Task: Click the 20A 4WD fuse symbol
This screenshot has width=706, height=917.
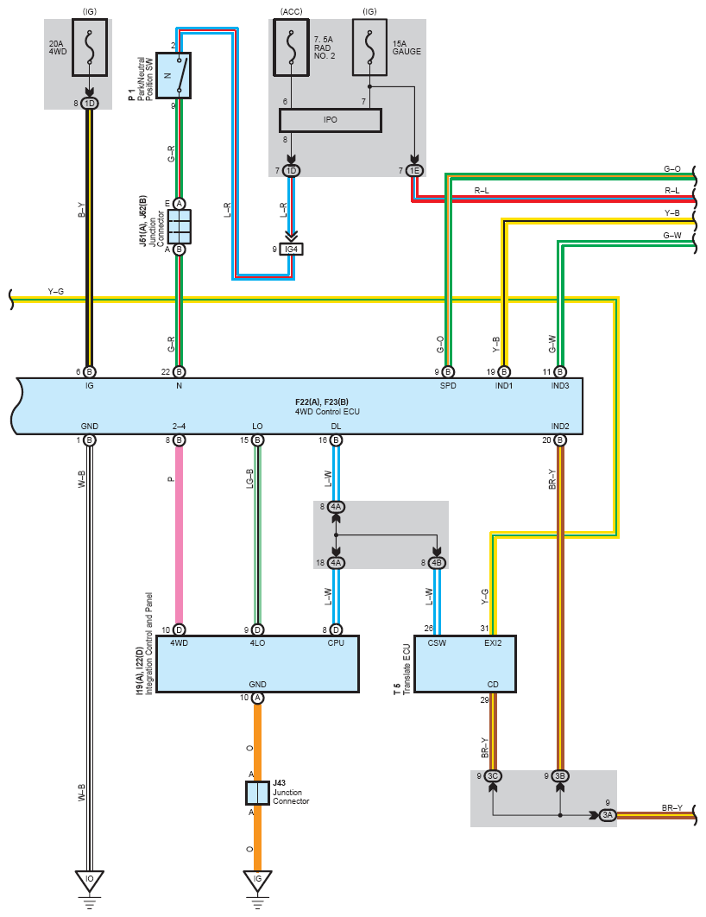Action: (90, 47)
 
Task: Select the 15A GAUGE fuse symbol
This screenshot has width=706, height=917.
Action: (369, 47)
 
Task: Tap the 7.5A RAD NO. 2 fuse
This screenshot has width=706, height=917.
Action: (291, 47)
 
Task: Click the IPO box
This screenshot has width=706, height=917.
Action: (331, 120)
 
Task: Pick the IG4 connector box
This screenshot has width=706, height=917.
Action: (291, 250)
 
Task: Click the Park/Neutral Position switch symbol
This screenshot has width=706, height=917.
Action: (173, 75)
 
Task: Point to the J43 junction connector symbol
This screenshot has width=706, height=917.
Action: (257, 793)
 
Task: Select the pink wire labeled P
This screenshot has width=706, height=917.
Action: (179, 535)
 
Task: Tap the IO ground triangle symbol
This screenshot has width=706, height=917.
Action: (90, 880)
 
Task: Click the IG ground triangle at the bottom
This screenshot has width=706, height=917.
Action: (257, 880)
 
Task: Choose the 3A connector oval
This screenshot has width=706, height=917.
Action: (608, 814)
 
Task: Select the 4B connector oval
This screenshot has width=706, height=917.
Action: (437, 563)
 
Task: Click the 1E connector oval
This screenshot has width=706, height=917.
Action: (414, 171)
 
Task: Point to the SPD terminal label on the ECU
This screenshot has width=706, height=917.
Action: (448, 386)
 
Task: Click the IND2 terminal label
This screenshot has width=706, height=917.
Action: (560, 427)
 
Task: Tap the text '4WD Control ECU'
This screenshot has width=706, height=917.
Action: (327, 412)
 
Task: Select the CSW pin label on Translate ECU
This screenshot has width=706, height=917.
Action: (437, 642)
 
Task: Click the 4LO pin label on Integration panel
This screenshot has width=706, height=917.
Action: (257, 642)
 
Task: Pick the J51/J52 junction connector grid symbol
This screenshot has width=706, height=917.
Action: (180, 226)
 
